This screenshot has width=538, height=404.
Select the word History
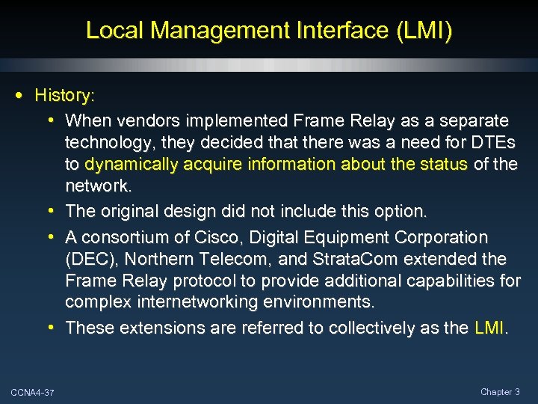point(64,95)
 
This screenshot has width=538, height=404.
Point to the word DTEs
point(493,142)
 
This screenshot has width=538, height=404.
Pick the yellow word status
point(445,164)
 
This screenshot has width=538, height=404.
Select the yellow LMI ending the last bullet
point(489,327)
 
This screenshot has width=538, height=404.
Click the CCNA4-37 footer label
point(27,392)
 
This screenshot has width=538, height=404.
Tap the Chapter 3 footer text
point(501,391)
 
